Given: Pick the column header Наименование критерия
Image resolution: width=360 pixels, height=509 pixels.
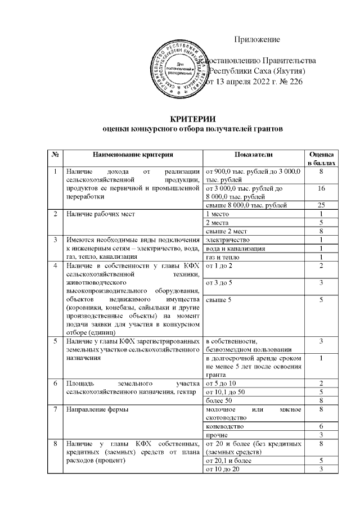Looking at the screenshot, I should tap(133, 154).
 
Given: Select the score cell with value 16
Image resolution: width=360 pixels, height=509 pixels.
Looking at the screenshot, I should tap(321, 188).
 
